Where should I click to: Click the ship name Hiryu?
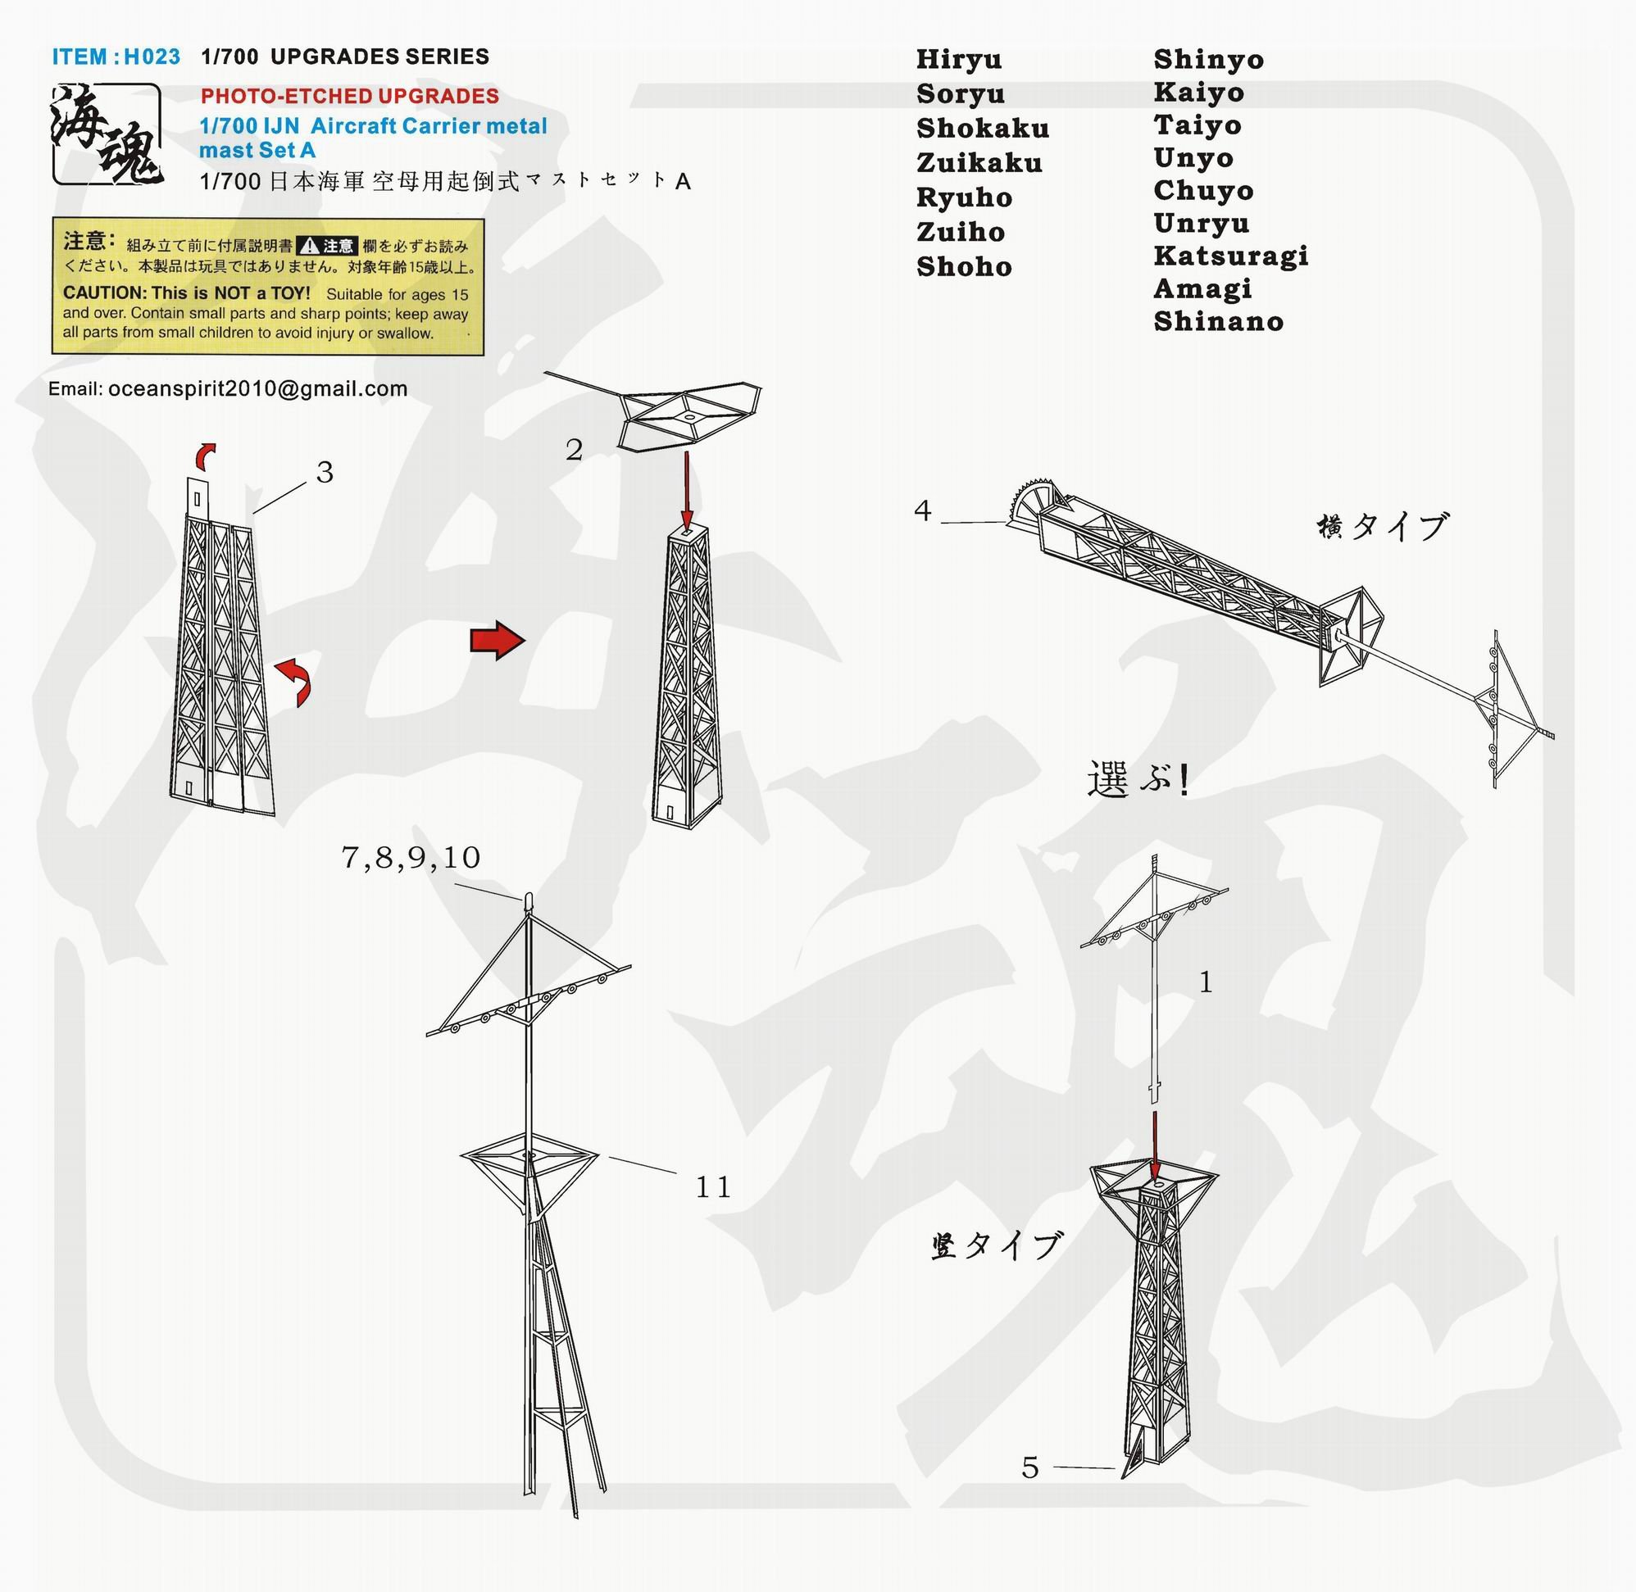(x=958, y=60)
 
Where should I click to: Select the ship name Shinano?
(x=1219, y=321)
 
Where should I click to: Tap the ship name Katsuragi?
(x=1231, y=256)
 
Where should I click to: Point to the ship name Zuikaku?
(x=979, y=162)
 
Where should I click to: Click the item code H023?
(x=152, y=57)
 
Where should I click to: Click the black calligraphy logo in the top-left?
(x=107, y=134)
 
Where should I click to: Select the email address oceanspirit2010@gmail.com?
(x=257, y=389)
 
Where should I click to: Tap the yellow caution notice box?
(x=268, y=286)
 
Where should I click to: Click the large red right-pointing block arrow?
(x=498, y=641)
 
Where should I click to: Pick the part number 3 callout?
(x=325, y=473)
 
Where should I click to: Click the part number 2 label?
(x=574, y=450)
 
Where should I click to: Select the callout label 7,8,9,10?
(x=411, y=858)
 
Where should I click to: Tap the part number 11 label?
(x=712, y=1186)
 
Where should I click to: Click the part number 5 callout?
(x=1030, y=1467)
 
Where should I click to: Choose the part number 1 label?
(x=1205, y=982)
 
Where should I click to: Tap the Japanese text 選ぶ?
(x=1138, y=779)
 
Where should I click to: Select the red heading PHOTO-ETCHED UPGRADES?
(x=350, y=96)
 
